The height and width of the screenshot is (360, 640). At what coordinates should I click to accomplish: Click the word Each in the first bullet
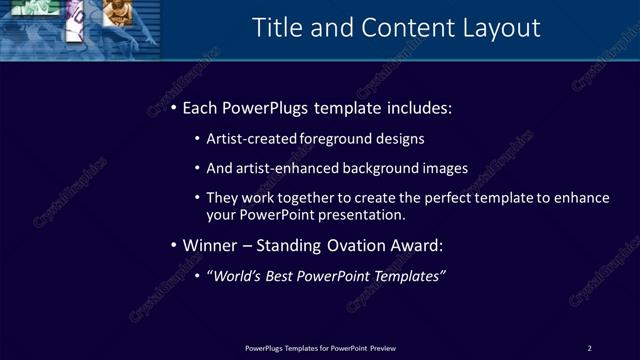tap(202, 107)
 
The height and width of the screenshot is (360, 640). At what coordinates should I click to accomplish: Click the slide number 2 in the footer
tap(589, 348)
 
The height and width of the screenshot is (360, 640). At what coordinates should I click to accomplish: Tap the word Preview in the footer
tap(382, 348)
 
